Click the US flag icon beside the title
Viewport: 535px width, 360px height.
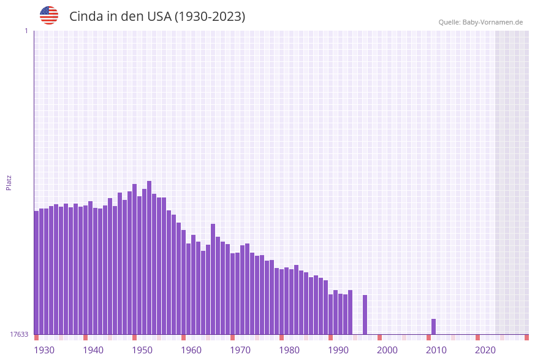pyautogui.click(x=49, y=15)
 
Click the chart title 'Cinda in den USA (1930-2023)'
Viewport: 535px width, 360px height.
pyautogui.click(x=157, y=17)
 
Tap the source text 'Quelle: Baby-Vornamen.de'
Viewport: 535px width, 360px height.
pyautogui.click(x=480, y=22)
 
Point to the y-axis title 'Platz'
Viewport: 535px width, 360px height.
pyautogui.click(x=9, y=182)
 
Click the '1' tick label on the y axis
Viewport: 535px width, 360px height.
pyautogui.click(x=26, y=31)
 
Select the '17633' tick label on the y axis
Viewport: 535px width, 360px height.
pyautogui.click(x=19, y=334)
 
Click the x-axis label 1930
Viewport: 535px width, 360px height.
pyautogui.click(x=44, y=350)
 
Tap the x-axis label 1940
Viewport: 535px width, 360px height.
pyautogui.click(x=93, y=350)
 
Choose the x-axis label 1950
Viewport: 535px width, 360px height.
pyautogui.click(x=142, y=350)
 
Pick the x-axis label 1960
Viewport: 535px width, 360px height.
pyautogui.click(x=191, y=350)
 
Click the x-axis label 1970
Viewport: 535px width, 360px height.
pyautogui.click(x=240, y=350)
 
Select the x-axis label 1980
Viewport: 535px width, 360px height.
pyautogui.click(x=289, y=350)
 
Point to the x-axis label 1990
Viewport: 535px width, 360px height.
pyautogui.click(x=338, y=350)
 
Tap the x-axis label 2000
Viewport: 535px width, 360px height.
pyautogui.click(x=387, y=350)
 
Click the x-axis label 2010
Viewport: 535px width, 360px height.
pyautogui.click(x=436, y=350)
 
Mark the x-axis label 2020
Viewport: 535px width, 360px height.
pyautogui.click(x=485, y=350)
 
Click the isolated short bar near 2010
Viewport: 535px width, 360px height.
pyautogui.click(x=433, y=327)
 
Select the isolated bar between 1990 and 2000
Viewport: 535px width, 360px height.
pyautogui.click(x=365, y=315)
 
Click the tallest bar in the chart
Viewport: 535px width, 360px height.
pyautogui.click(x=149, y=258)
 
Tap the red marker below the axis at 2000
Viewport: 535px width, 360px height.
pyautogui.click(x=379, y=337)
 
